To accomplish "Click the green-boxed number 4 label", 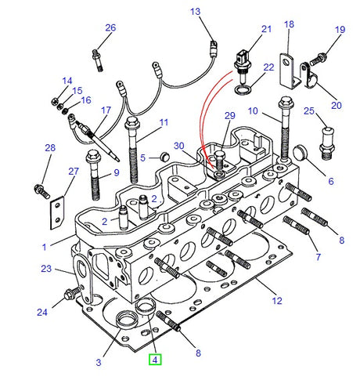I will pos(155,360).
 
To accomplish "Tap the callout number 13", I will pos(195,12).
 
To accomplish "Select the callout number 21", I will pos(266,29).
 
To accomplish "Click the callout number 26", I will pos(110,28).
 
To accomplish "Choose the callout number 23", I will pos(45,269).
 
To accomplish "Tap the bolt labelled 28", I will pos(41,189).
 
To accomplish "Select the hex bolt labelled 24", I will pos(68,296).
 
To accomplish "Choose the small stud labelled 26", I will pos(98,58).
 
